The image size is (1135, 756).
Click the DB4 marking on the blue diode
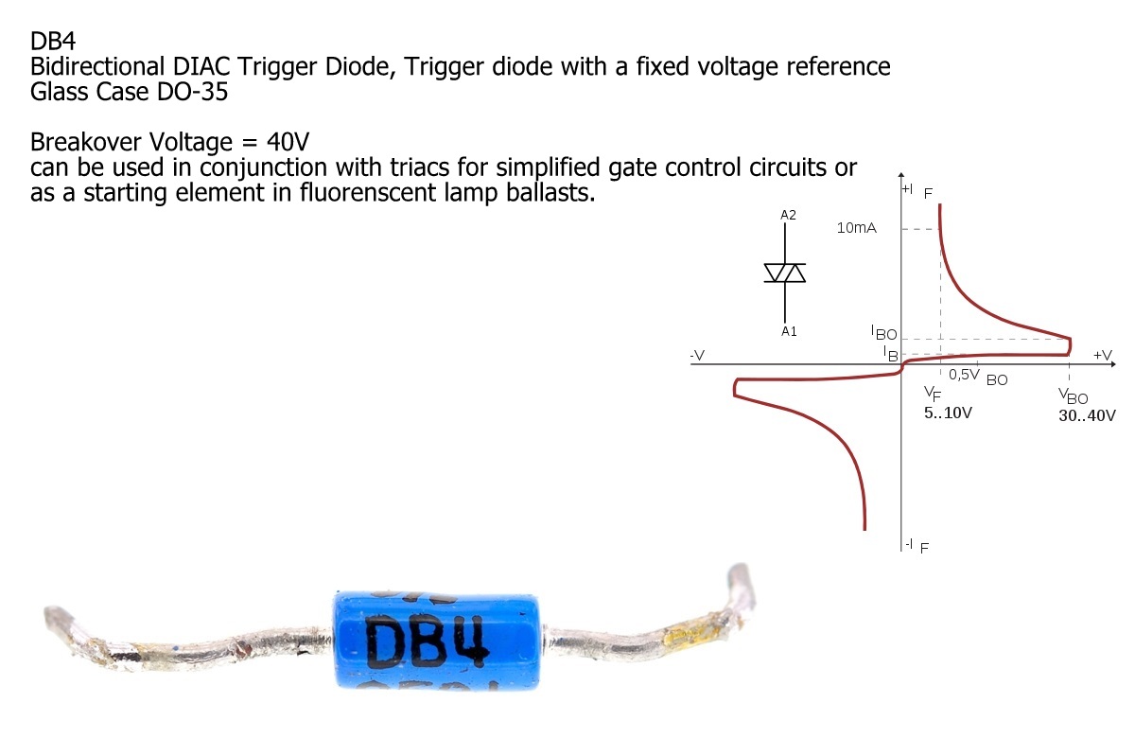429,644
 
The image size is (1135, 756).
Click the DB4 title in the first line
54,43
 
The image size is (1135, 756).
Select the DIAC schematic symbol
785,273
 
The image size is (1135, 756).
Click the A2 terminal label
788,215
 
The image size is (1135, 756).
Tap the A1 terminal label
788,331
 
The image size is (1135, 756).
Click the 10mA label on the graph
857,228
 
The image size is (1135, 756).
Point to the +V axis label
1102,355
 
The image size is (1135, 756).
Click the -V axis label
697,355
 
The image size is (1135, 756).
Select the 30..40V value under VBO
1088,414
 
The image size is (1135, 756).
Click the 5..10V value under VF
948,413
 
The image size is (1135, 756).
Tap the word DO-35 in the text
190,93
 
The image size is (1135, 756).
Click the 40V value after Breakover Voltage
288,143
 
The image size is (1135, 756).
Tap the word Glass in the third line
59,93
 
